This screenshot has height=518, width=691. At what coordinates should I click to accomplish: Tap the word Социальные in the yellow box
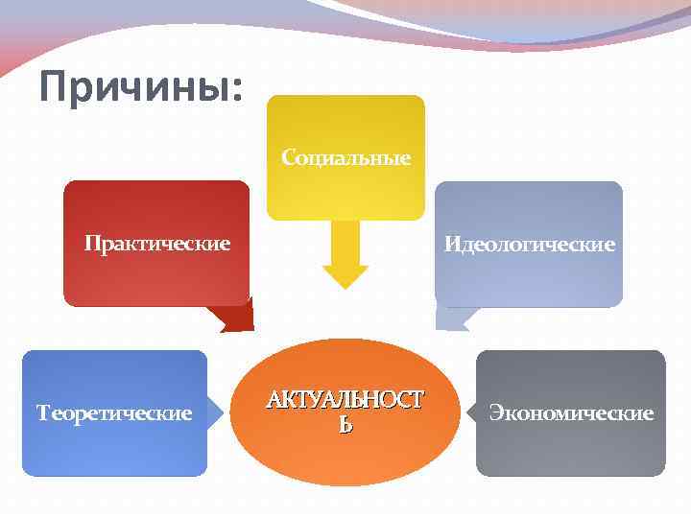[x=345, y=157]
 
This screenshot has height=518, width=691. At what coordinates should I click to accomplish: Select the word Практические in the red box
[x=156, y=244]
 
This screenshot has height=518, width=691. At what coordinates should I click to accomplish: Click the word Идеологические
[x=529, y=245]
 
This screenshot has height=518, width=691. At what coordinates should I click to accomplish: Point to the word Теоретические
[x=114, y=413]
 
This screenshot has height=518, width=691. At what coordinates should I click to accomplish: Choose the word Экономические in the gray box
[x=571, y=413]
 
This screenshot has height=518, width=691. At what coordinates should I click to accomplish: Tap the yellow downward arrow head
[x=345, y=276]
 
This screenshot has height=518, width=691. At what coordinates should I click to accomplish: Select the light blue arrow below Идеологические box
[x=451, y=318]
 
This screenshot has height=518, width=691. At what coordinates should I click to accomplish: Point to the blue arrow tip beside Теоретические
[x=216, y=413]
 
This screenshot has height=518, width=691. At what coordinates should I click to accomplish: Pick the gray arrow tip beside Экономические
[x=471, y=413]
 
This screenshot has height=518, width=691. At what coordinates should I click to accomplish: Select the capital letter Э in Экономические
[x=495, y=413]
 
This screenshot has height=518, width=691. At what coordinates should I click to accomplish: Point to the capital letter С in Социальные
[x=287, y=157]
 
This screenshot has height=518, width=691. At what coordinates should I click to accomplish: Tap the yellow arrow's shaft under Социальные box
[x=345, y=240]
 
